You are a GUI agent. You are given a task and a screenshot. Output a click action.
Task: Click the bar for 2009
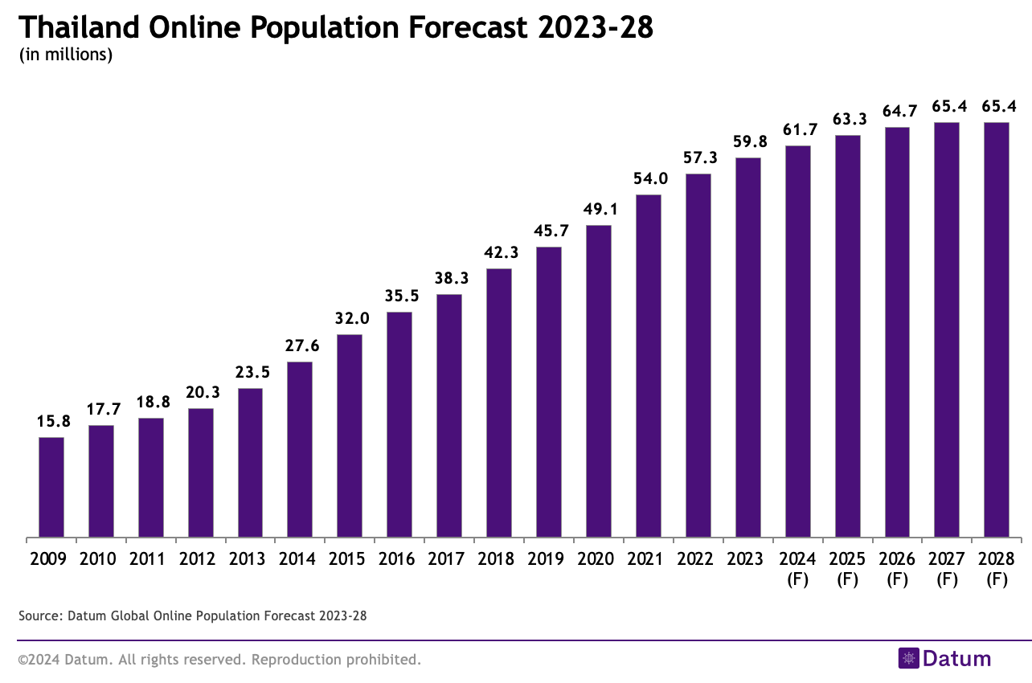(x=51, y=487)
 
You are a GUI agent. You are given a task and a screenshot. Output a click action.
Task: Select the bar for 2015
(x=350, y=436)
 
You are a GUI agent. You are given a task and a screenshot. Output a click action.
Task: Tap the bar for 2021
(x=648, y=366)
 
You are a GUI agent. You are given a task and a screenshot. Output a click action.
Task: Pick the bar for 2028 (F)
(x=996, y=329)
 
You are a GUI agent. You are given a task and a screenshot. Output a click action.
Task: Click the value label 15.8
(x=51, y=421)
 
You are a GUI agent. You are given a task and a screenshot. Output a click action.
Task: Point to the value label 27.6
(x=300, y=346)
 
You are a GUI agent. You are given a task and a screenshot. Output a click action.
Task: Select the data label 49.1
(x=598, y=209)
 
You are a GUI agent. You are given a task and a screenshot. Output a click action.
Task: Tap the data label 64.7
(x=897, y=111)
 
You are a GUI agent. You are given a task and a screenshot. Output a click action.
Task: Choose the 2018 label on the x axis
(x=498, y=558)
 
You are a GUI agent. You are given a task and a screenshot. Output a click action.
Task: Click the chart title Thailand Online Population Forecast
(x=335, y=27)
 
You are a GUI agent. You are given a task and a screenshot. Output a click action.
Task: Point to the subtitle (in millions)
(x=64, y=55)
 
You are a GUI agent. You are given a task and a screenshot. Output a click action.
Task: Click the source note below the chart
(x=192, y=616)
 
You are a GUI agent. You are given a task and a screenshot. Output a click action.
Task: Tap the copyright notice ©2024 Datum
(x=219, y=660)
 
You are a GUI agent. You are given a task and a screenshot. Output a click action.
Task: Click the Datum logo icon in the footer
(x=908, y=658)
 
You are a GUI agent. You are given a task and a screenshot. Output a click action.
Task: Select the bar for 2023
(x=747, y=347)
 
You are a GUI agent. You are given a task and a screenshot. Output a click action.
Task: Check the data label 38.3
(x=449, y=278)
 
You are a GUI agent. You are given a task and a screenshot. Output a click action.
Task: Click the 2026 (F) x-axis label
(x=897, y=568)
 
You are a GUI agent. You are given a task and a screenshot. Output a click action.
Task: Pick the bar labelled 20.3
(x=200, y=472)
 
